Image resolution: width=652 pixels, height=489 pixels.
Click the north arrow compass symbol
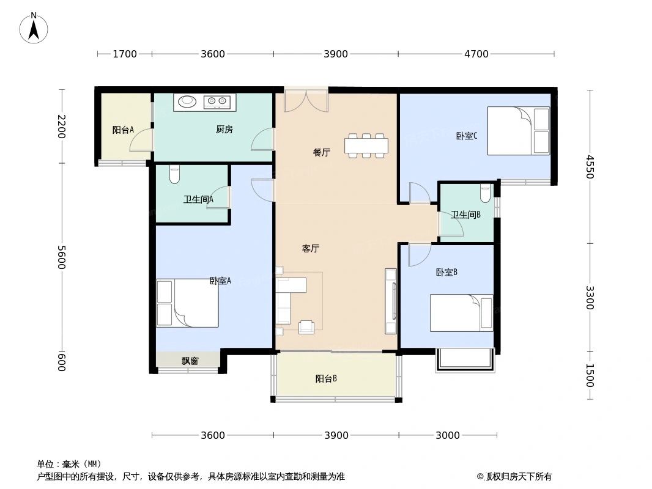[34, 28]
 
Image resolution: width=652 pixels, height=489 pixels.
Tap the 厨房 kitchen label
[224, 130]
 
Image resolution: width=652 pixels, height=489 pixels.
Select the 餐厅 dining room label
[321, 153]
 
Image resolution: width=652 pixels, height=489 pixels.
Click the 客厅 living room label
[311, 249]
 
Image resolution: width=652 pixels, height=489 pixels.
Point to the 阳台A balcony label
[123, 130]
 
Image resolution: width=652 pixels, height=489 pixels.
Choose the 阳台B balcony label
[326, 378]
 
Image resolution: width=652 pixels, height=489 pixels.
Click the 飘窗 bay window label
[190, 361]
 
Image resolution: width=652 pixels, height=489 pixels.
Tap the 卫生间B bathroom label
[465, 215]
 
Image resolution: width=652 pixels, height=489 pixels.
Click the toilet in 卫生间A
[174, 174]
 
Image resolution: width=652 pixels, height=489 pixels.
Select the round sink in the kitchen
[187, 101]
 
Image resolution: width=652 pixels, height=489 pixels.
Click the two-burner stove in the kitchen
[217, 101]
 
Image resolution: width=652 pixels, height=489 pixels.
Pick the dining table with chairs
[366, 145]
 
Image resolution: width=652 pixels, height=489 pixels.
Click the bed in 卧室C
[518, 131]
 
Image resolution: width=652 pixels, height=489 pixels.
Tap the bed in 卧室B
[461, 313]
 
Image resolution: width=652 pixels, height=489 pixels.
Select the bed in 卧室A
[187, 303]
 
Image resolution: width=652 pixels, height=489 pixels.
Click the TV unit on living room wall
[390, 301]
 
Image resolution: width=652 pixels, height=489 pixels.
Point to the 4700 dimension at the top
[476, 54]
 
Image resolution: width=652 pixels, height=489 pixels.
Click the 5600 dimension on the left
[61, 257]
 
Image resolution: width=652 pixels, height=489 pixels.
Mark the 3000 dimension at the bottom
[447, 435]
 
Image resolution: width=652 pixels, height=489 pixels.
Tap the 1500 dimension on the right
[589, 375]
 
